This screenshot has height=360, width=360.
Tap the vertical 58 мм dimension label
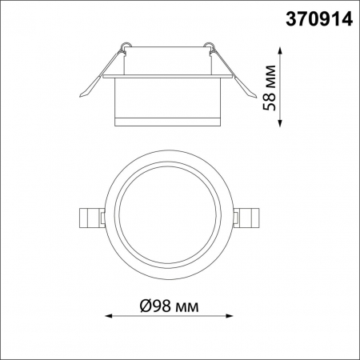pos(272,84)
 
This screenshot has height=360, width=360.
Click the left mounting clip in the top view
pos(92,215)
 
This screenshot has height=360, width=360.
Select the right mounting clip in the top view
pos(248,215)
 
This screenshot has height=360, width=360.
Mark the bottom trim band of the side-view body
pos(169,121)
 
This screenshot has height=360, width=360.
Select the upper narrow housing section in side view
pos(168,60)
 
